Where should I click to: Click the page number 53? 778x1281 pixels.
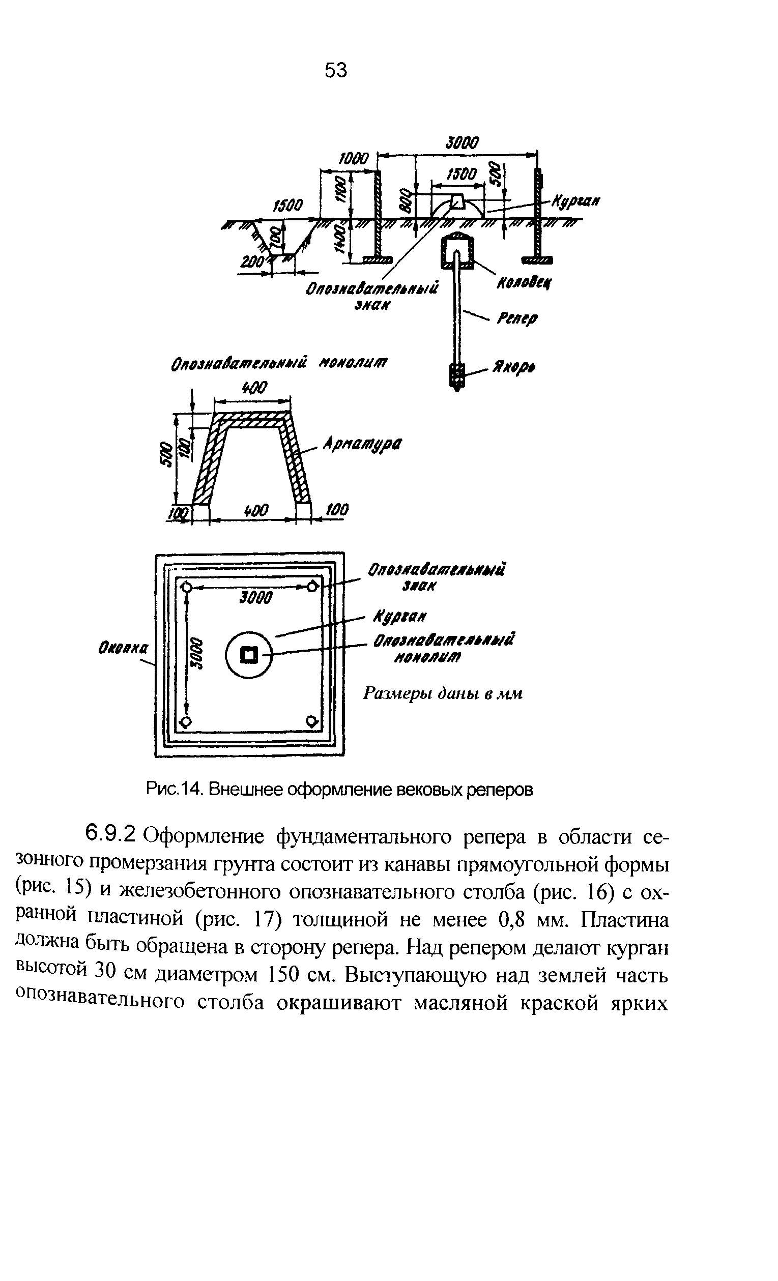(335, 70)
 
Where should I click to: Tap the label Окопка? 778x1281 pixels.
(123, 648)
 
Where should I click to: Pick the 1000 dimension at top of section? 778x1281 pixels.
(353, 159)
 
